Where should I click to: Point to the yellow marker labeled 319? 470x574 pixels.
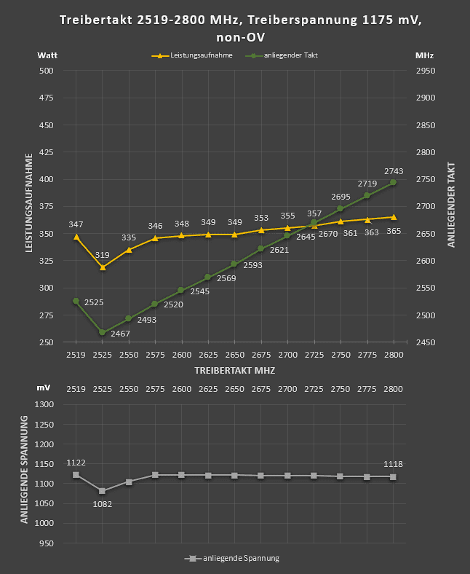103,267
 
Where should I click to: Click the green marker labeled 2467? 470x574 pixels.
103,332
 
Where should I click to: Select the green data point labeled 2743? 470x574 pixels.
394,182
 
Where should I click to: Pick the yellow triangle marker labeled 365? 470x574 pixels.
394,217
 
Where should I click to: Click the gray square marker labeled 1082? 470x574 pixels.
103,491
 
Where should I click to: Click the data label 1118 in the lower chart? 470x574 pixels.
393,464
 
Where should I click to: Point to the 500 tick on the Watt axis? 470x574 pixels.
46,71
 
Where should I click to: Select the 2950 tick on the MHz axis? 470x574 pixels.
425,71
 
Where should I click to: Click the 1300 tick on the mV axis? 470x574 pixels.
45,404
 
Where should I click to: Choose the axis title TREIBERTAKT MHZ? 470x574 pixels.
234,370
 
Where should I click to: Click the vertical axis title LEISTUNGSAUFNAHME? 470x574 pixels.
28,203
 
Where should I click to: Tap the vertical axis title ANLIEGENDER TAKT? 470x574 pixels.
451,205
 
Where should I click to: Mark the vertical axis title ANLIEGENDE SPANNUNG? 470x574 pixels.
24,469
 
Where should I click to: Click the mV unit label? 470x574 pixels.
44,389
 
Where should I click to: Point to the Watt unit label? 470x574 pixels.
47,55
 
